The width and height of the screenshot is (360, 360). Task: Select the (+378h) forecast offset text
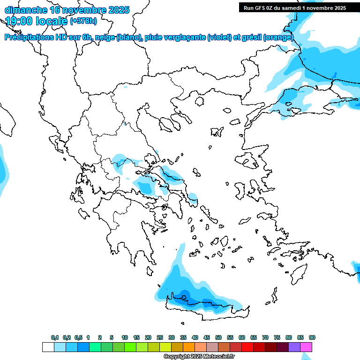pyautogui.click(x=83, y=21)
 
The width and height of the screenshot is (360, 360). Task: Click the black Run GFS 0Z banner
pyautogui.click(x=294, y=7)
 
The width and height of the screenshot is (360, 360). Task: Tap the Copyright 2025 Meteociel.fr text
pyautogui.click(x=199, y=357)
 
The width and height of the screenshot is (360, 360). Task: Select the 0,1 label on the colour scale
pyautogui.click(x=55, y=338)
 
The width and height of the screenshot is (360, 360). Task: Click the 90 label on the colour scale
pyautogui.click(x=312, y=338)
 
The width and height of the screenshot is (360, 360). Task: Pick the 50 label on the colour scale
pyautogui.click(x=218, y=338)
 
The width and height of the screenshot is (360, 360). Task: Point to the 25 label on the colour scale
pyautogui.click(x=160, y=338)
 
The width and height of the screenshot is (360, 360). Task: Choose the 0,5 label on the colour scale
pyautogui.click(x=78, y=338)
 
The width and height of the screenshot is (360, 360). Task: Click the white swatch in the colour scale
pyautogui.click(x=48, y=347)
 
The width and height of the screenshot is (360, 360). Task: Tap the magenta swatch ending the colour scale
pyautogui.click(x=306, y=347)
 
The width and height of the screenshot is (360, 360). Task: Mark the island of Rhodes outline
pyautogui.click(x=299, y=274)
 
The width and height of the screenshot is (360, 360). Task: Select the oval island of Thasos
pyautogui.click(x=199, y=101)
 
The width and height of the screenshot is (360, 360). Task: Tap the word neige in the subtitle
pyautogui.click(x=103, y=37)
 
